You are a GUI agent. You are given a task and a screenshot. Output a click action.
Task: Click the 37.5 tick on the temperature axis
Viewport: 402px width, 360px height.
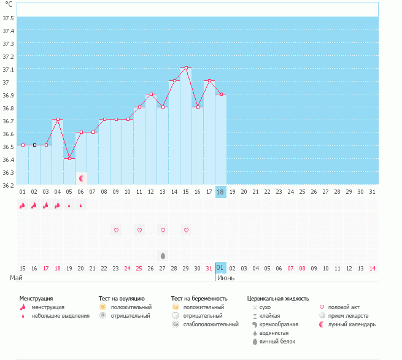click(8, 18)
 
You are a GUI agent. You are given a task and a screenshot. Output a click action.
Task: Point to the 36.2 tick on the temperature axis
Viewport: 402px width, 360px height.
click(8, 185)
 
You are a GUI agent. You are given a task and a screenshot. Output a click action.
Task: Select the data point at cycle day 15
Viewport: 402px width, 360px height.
click(186, 68)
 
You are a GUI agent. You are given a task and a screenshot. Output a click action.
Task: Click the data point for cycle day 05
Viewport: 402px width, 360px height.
click(69, 158)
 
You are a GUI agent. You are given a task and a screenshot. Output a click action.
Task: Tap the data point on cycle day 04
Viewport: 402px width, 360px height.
click(58, 120)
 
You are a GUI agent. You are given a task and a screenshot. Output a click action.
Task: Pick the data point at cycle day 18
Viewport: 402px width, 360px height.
click(221, 94)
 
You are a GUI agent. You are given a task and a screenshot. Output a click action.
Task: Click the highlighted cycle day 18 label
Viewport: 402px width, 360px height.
click(221, 192)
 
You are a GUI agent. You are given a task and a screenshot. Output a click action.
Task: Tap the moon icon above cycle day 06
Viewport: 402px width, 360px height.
click(82, 178)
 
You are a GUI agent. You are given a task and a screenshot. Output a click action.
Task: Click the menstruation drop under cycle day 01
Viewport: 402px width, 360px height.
click(23, 205)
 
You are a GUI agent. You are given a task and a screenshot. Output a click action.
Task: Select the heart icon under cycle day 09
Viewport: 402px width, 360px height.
click(116, 230)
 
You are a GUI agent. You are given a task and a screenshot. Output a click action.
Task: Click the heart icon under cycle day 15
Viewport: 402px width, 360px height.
click(186, 230)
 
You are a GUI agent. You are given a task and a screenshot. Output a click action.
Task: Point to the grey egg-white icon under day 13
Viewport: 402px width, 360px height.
click(163, 255)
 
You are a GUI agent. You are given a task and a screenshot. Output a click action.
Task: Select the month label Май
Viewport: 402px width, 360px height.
click(17, 278)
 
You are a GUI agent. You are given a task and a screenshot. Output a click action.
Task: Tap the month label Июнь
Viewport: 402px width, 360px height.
click(226, 278)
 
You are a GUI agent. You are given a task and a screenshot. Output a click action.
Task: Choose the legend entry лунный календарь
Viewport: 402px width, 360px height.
click(351, 324)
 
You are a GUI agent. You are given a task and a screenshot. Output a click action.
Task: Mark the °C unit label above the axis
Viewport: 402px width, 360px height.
click(9, 4)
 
